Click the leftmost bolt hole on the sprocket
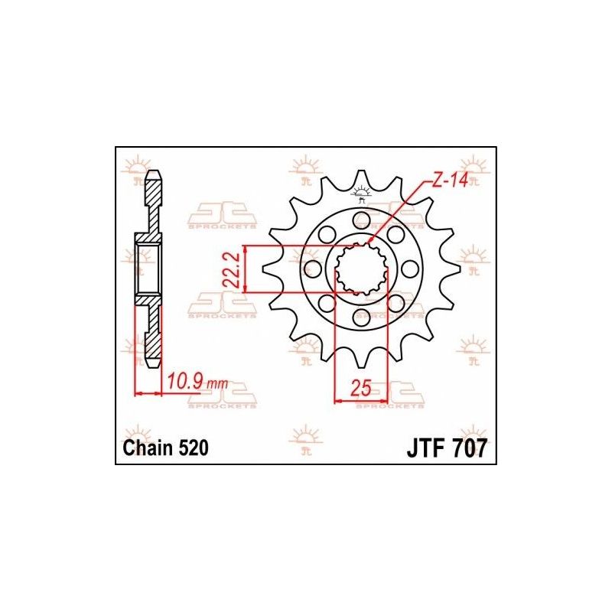point(311,269)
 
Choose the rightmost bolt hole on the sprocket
point(411,269)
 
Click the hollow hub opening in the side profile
point(148,269)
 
